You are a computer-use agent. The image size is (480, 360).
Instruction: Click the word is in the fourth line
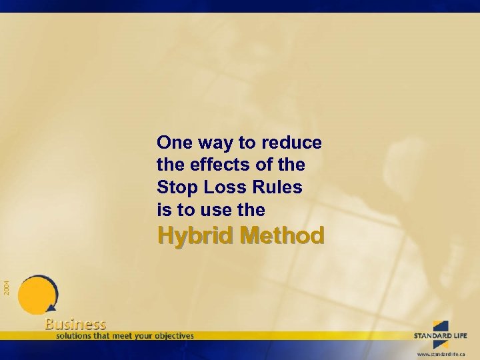(x=163, y=211)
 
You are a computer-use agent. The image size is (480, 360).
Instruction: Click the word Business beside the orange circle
(x=75, y=324)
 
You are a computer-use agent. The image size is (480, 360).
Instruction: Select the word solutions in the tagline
(x=76, y=335)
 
